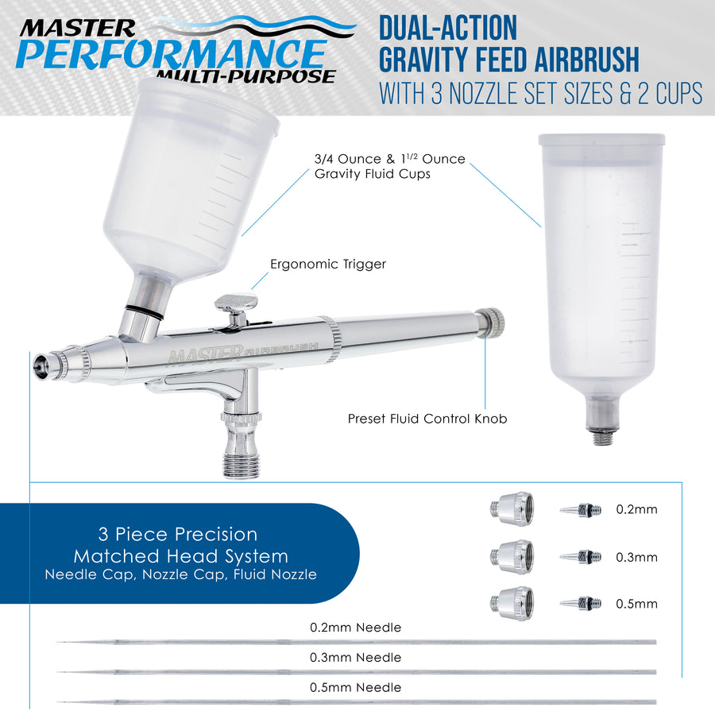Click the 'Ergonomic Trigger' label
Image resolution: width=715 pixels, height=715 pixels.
coord(328,264)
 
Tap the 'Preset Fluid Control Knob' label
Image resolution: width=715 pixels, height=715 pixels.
coord(427,419)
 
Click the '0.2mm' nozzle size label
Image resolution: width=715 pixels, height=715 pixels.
coord(636,509)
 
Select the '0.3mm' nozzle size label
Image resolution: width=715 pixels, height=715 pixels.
coord(636,557)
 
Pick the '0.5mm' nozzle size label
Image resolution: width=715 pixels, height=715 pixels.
coord(636,605)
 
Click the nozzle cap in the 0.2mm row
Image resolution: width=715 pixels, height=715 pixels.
coord(512,509)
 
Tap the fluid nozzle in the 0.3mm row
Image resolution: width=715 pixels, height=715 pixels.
coord(581,557)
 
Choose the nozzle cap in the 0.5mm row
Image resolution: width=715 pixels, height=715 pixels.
coord(512,604)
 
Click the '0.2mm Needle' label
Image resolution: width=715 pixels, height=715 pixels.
coord(356,628)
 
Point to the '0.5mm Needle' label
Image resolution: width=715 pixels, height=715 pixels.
coord(356,688)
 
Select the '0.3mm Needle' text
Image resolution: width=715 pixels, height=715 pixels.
coord(356,658)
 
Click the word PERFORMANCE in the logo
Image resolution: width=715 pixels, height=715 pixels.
coord(172,54)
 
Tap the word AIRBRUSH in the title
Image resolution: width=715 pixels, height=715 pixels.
coord(586,60)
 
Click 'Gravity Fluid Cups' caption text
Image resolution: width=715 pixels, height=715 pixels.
coord(372,174)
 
